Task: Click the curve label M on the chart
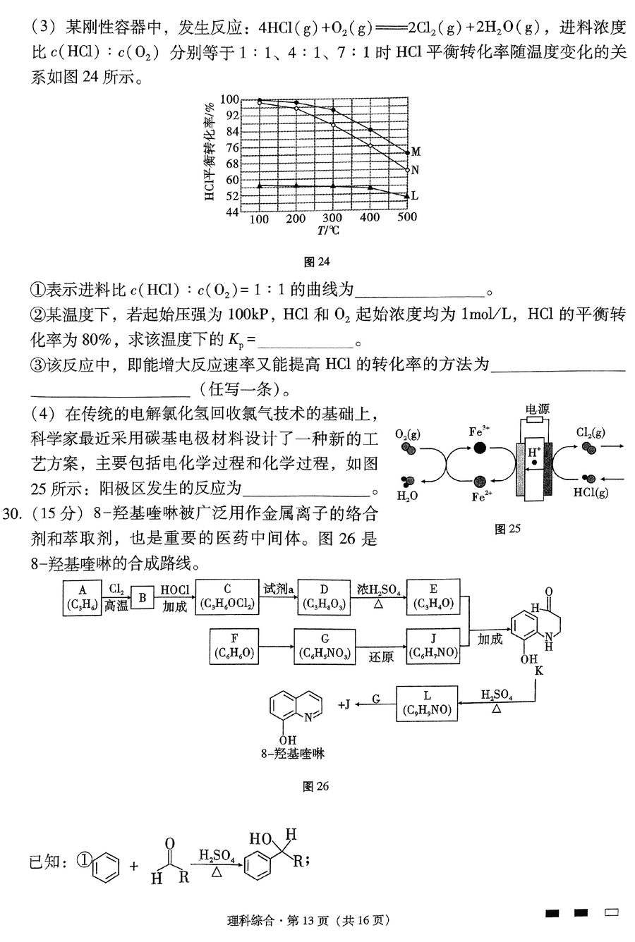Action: [x=416, y=152]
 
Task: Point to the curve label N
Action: [x=415, y=170]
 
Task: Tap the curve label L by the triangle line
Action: [x=414, y=195]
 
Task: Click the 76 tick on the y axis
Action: [x=232, y=147]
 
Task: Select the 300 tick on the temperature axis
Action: [x=332, y=218]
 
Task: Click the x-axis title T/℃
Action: [x=328, y=231]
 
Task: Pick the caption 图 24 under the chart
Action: [x=317, y=262]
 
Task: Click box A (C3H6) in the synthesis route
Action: [x=82, y=598]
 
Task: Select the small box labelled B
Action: [x=143, y=598]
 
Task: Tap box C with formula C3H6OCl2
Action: [x=226, y=597]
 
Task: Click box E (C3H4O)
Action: [x=433, y=597]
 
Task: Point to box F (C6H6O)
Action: [x=234, y=647]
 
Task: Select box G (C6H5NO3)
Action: [x=325, y=647]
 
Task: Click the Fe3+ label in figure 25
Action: [x=479, y=432]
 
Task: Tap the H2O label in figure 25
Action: [x=407, y=496]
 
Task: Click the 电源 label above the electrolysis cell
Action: [x=538, y=409]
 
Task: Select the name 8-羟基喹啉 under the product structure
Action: [x=293, y=754]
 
